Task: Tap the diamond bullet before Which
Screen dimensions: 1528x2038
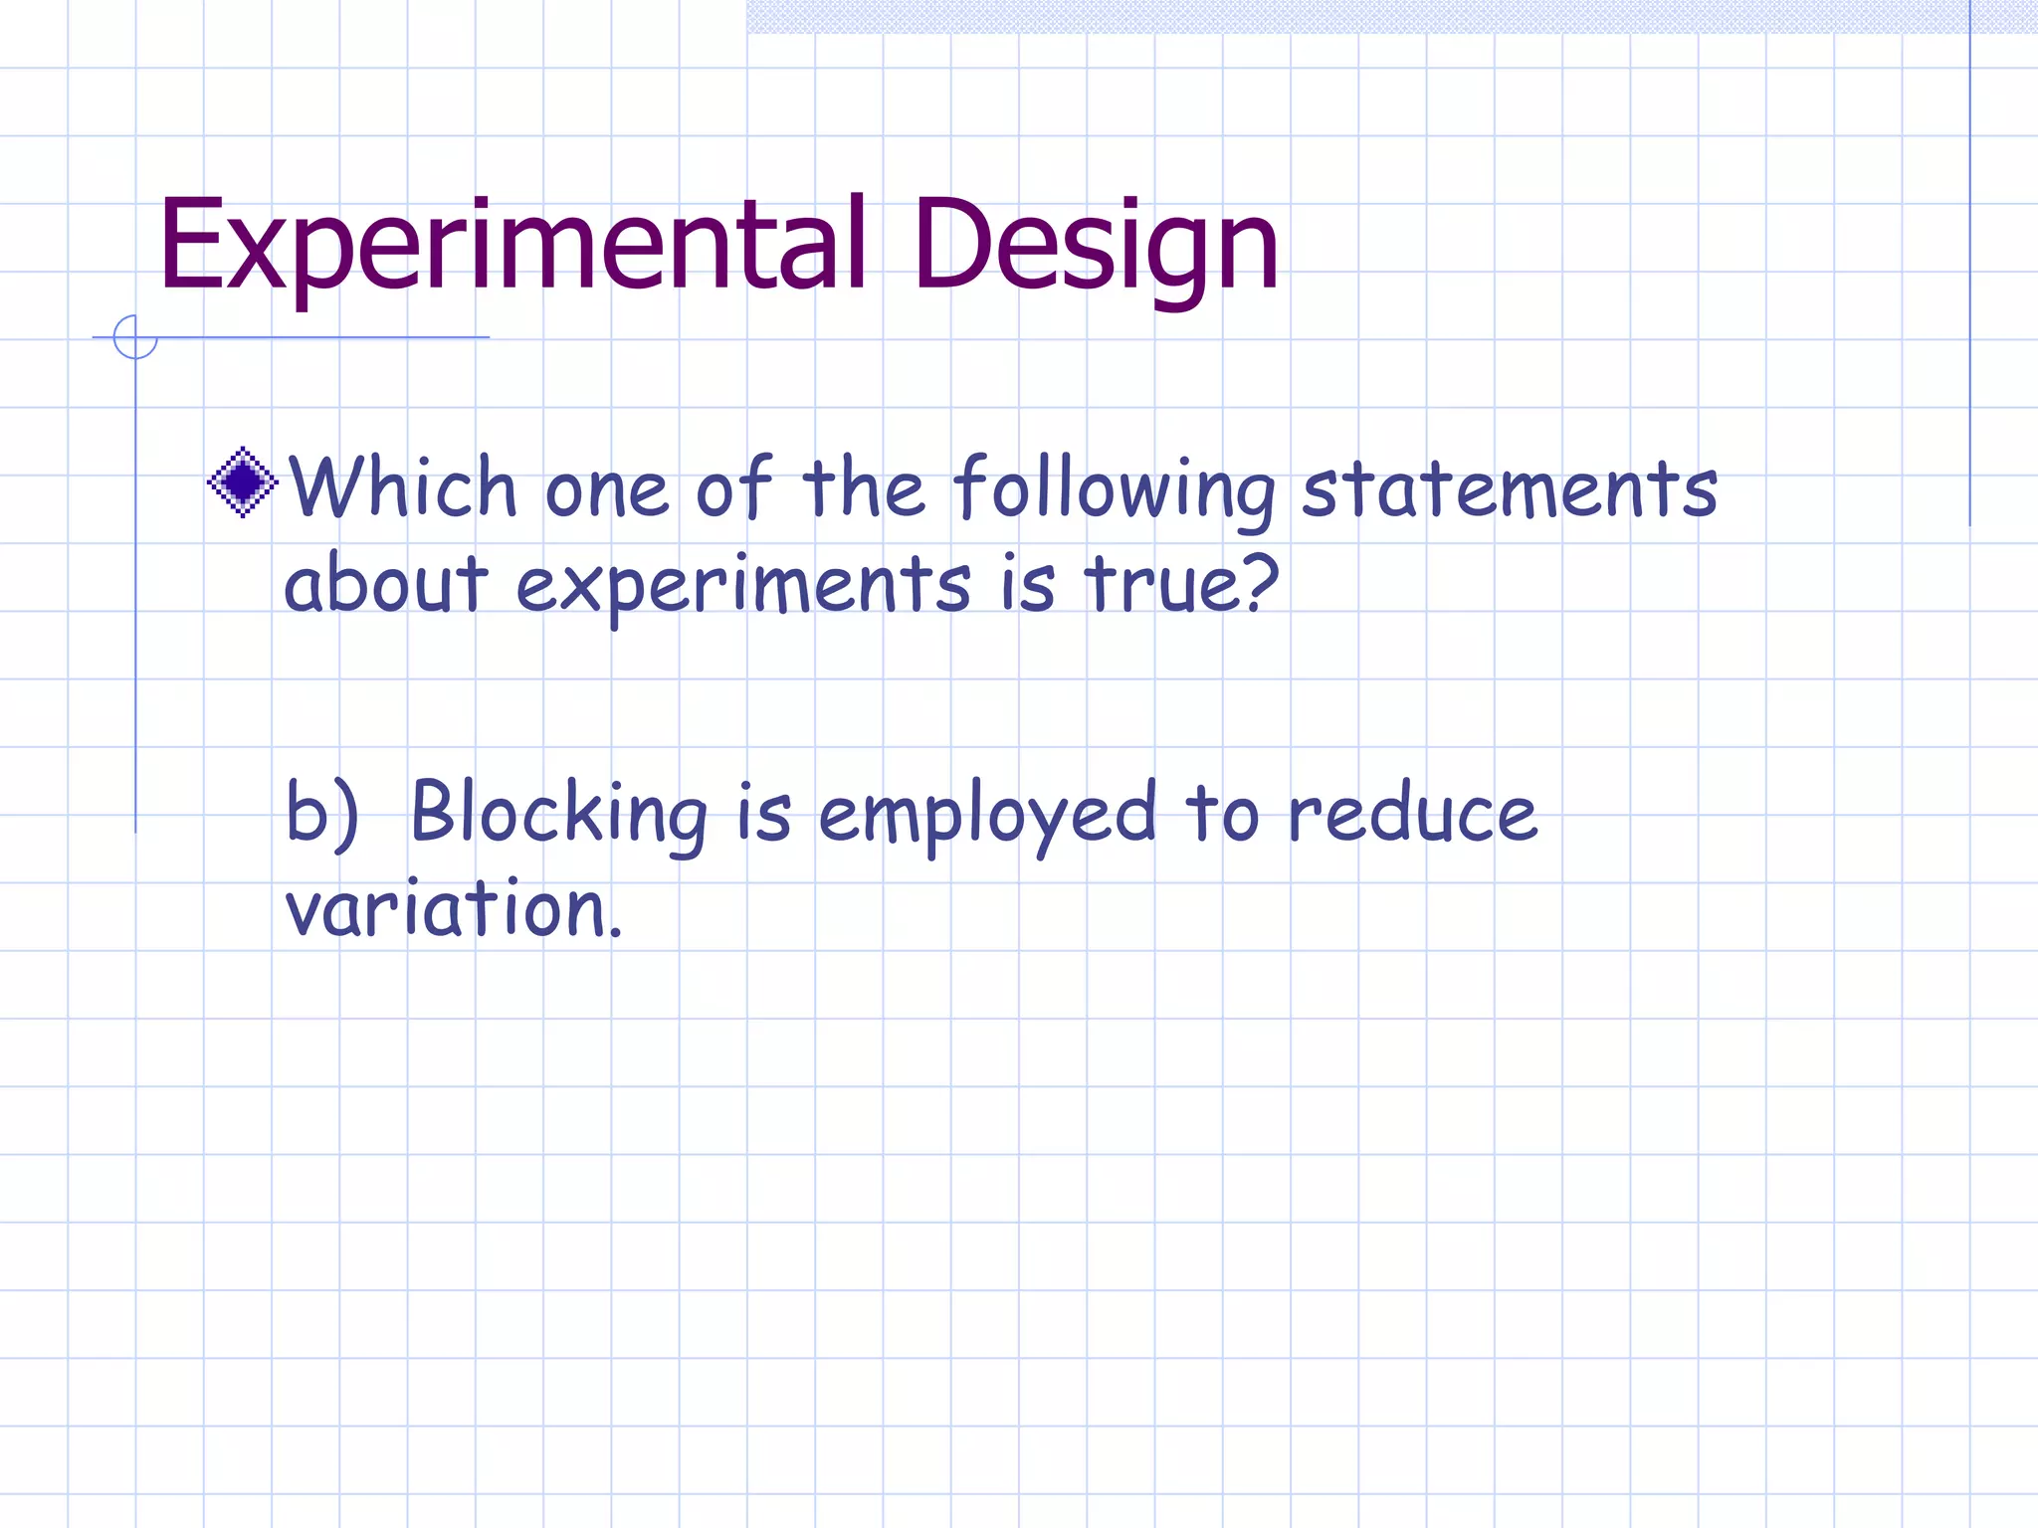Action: [242, 482]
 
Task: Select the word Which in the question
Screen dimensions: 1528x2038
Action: [403, 487]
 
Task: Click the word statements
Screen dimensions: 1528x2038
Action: [1510, 489]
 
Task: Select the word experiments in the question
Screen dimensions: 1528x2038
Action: [742, 585]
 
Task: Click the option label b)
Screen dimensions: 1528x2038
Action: [321, 812]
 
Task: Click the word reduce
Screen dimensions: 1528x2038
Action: [1412, 814]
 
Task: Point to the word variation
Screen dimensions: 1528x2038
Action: [453, 907]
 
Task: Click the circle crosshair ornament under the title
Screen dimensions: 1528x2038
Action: [135, 337]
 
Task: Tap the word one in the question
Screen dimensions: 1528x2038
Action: [606, 489]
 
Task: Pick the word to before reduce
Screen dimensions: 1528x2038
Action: [1222, 814]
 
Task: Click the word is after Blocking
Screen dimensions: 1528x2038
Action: [763, 812]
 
